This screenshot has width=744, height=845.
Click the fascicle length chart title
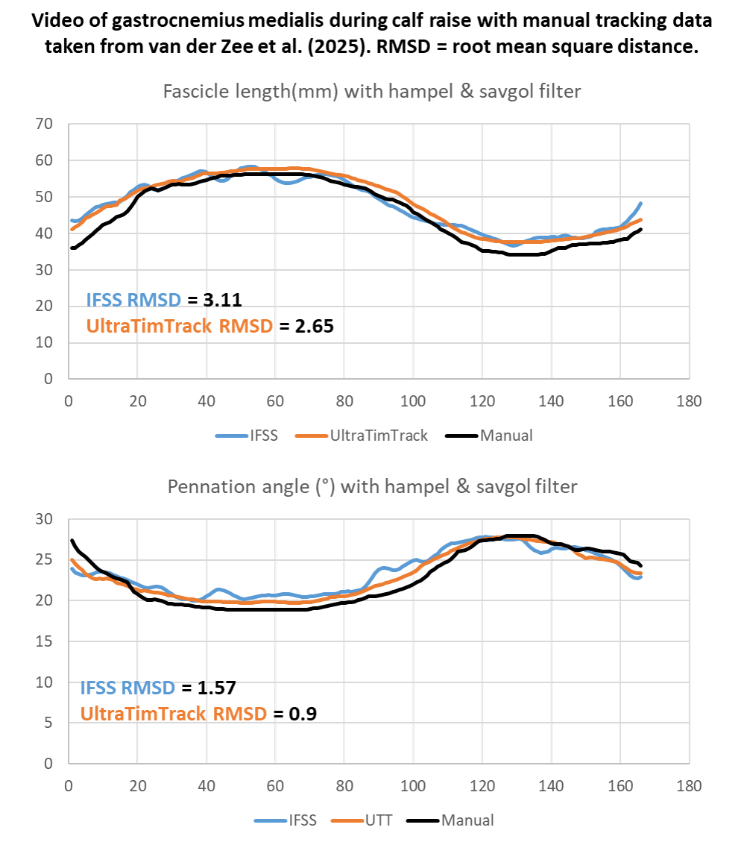tap(371, 92)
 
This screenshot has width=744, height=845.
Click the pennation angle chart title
tap(371, 487)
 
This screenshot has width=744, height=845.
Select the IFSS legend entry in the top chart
tap(246, 436)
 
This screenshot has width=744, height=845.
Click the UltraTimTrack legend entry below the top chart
tap(361, 436)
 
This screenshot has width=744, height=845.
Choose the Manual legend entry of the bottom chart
tap(467, 820)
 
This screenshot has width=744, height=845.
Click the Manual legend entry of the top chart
tap(506, 436)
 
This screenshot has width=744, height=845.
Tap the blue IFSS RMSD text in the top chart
tap(133, 301)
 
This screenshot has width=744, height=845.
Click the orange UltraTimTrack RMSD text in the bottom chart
tap(173, 714)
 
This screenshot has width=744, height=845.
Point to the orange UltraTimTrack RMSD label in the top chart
tap(179, 326)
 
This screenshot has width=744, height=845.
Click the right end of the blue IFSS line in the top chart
tap(640, 203)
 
